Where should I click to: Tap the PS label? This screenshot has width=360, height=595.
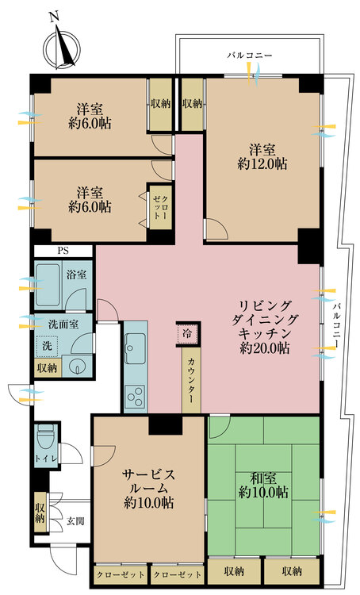[63, 251]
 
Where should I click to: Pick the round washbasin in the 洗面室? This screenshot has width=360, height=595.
[77, 367]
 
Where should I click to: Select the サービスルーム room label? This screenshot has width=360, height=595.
[148, 480]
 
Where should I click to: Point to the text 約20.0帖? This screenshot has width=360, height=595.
[265, 349]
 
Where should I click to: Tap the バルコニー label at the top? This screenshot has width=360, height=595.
[250, 56]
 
